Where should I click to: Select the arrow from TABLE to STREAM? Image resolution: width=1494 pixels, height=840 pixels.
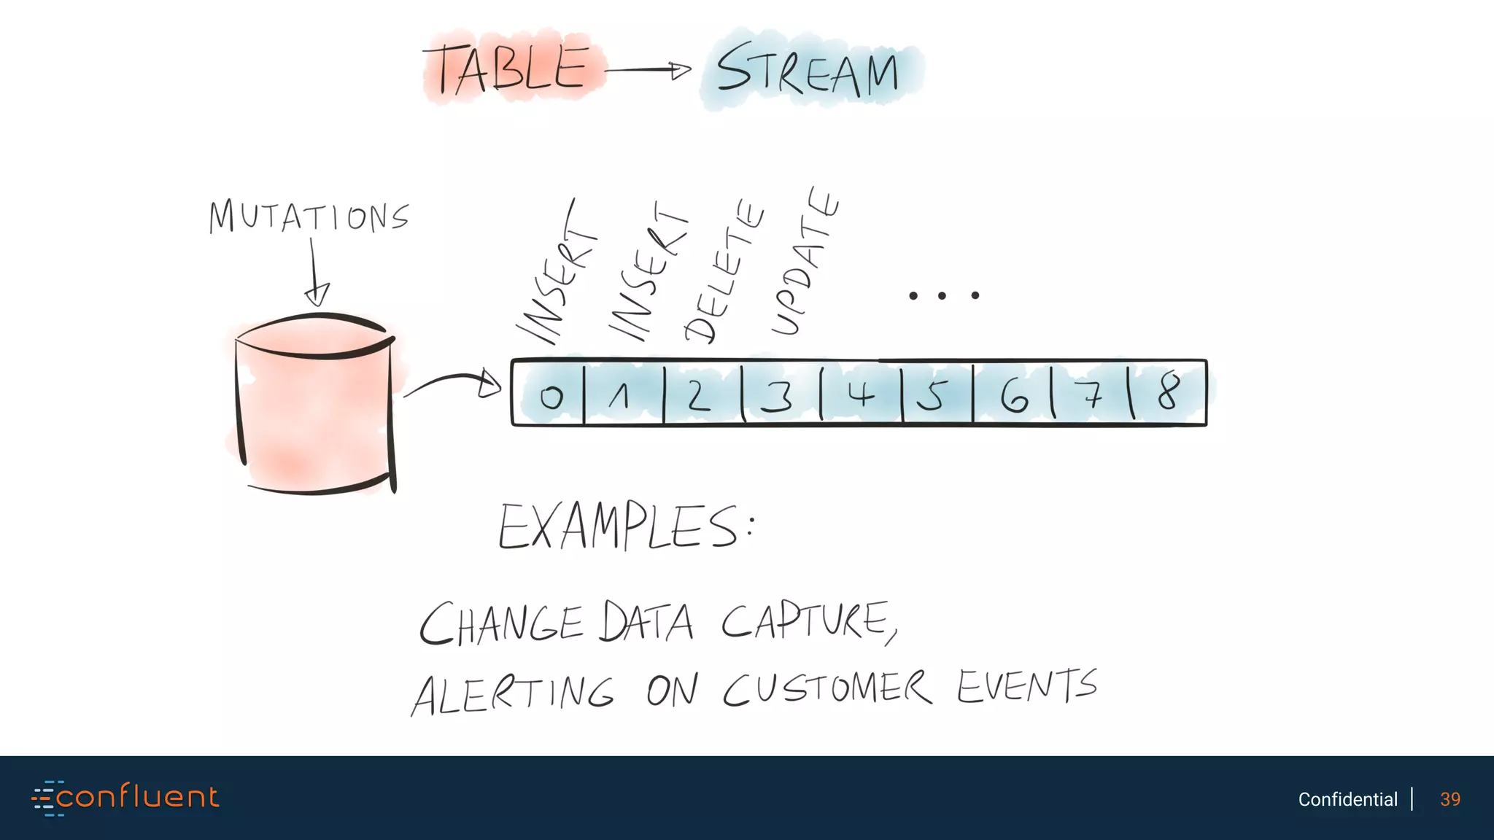[648, 71]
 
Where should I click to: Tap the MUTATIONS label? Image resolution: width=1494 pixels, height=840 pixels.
[309, 217]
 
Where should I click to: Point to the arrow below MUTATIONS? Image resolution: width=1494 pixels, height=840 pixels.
[315, 273]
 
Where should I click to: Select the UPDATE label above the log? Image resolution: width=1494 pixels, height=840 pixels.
[805, 262]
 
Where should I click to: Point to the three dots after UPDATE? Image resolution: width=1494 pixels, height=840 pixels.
[943, 295]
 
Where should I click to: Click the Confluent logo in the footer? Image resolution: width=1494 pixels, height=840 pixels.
[125, 797]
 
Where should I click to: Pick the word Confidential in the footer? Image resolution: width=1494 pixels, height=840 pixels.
[1347, 799]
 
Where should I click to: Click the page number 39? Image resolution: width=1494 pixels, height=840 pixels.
[1450, 799]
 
